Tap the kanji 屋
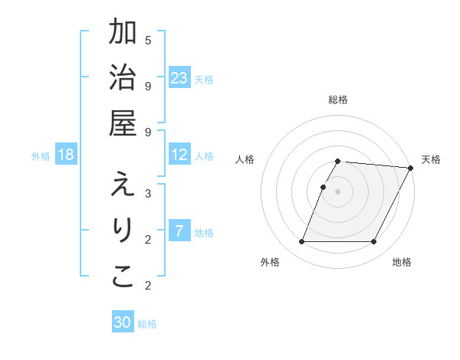123,124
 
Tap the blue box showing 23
179,78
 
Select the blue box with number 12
179,155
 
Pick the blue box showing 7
179,231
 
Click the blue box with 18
66,155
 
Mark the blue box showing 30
123,322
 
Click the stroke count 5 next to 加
148,40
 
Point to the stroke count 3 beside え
148,193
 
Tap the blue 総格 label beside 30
147,324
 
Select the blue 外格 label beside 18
41,156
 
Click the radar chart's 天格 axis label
431,159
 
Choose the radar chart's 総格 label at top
338,100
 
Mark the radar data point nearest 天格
411,168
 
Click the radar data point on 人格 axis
324,187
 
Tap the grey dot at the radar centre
338,191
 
